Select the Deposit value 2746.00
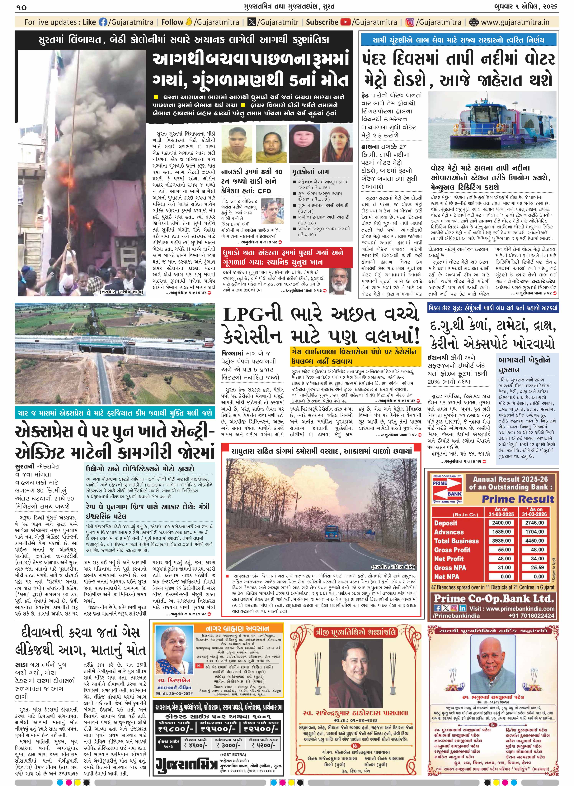pyautogui.click(x=534, y=523)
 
